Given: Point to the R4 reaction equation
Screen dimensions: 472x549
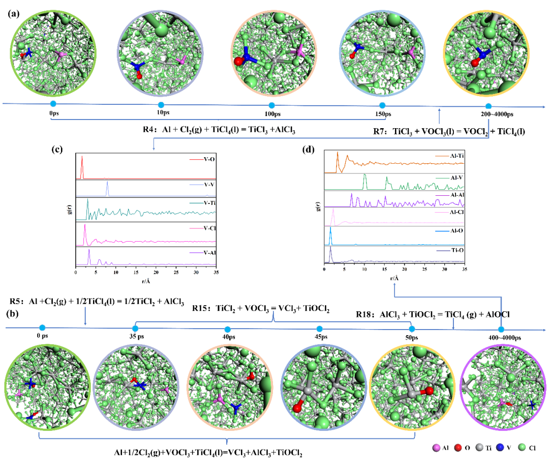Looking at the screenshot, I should tap(219, 130).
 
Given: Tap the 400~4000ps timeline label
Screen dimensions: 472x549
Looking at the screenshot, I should tap(501, 337).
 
